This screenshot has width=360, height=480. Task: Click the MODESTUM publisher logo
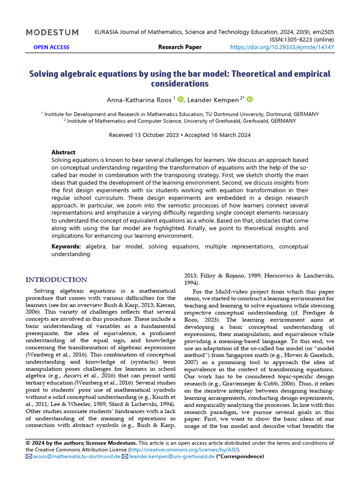(52, 32)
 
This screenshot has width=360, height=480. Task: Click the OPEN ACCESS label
(51, 47)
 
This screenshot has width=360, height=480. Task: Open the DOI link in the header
(283, 47)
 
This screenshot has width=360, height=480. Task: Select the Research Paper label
(180, 47)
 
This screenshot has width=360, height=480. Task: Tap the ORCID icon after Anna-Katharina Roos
(181, 99)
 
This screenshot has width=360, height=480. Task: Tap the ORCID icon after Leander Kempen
(250, 99)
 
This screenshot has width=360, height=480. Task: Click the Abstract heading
(63, 152)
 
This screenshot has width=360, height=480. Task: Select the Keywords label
(66, 247)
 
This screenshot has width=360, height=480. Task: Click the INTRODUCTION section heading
(56, 280)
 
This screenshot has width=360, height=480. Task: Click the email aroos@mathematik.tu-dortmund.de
(76, 457)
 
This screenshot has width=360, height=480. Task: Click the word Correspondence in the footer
(240, 457)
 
